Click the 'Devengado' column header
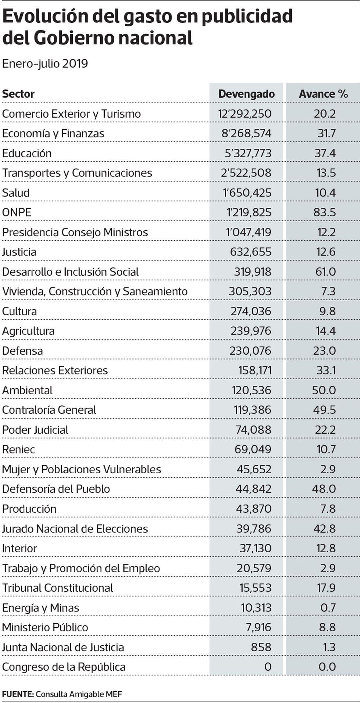click(x=246, y=94)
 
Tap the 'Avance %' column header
click(x=323, y=94)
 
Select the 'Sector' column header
click(x=18, y=94)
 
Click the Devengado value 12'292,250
click(x=245, y=114)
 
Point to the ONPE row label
click(x=17, y=212)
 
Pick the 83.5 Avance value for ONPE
click(x=325, y=212)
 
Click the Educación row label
click(x=27, y=153)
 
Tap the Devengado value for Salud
click(x=247, y=193)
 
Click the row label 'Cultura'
click(x=19, y=311)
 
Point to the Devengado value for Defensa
click(x=251, y=351)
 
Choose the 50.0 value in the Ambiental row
click(x=324, y=390)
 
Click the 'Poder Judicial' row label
click(x=35, y=430)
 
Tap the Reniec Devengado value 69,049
click(x=253, y=449)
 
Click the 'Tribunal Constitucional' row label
click(x=58, y=588)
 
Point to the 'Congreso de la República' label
click(x=64, y=667)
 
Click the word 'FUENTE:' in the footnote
click(x=18, y=694)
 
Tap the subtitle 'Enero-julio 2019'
click(x=45, y=64)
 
